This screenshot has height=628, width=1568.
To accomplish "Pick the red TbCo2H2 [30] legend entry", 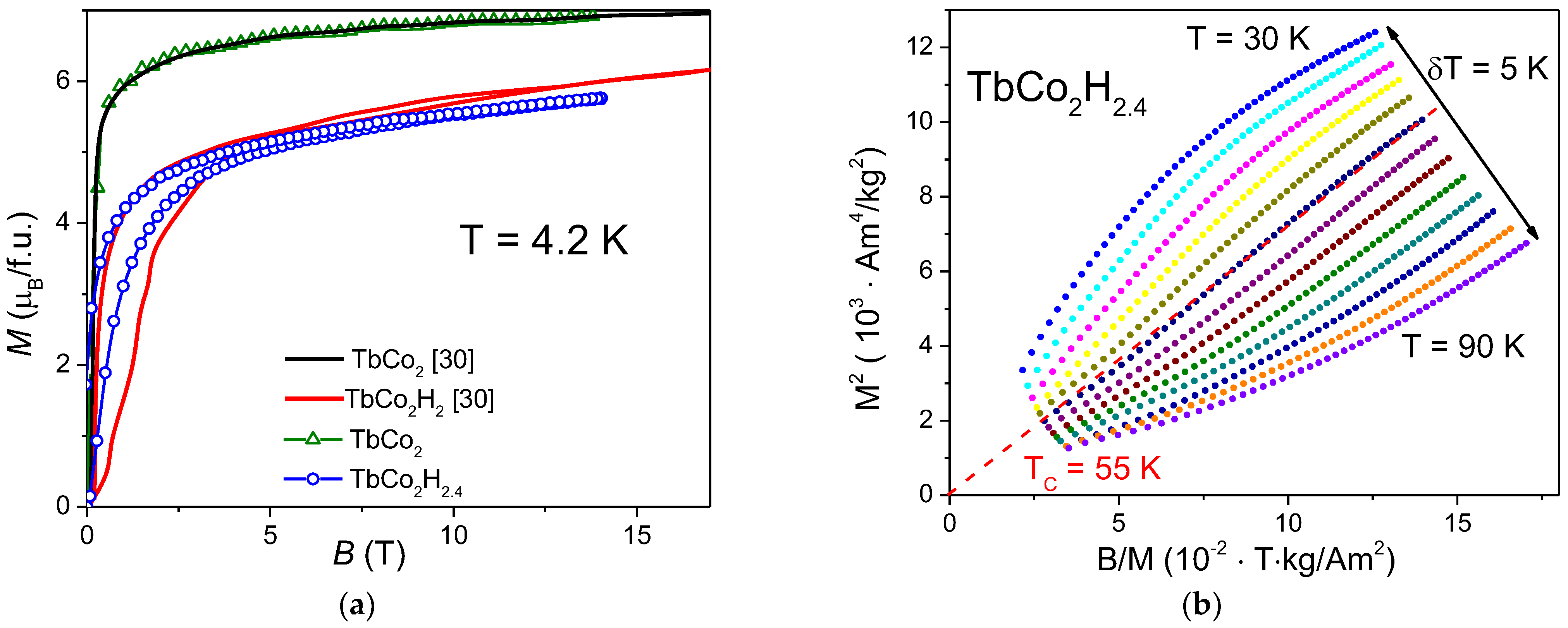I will click(x=389, y=400).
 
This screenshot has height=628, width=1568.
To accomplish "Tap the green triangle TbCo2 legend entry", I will click(x=353, y=439).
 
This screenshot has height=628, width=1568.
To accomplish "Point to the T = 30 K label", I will click(x=1248, y=39).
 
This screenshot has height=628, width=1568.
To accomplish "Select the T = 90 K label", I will click(x=1463, y=347).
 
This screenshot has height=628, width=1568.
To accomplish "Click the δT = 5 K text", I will click(x=1487, y=69).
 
